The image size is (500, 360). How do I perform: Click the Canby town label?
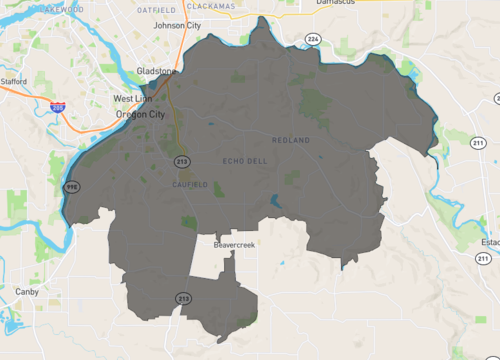coord(27,292)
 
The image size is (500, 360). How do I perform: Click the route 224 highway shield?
coord(313,39)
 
